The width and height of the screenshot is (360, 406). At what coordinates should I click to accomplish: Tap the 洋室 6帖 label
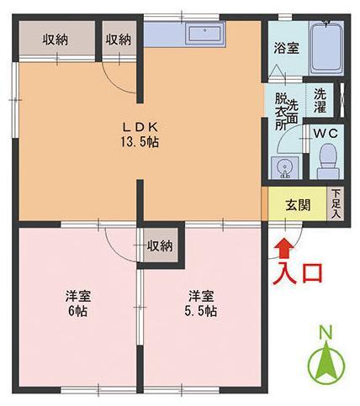pyautogui.click(x=80, y=303)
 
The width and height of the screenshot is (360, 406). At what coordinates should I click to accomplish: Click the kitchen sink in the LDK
pyautogui.click(x=203, y=34)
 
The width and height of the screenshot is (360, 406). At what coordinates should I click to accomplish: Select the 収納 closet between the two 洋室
pyautogui.click(x=159, y=246)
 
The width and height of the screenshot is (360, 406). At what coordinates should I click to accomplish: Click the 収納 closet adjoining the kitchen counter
pyautogui.click(x=118, y=40)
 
